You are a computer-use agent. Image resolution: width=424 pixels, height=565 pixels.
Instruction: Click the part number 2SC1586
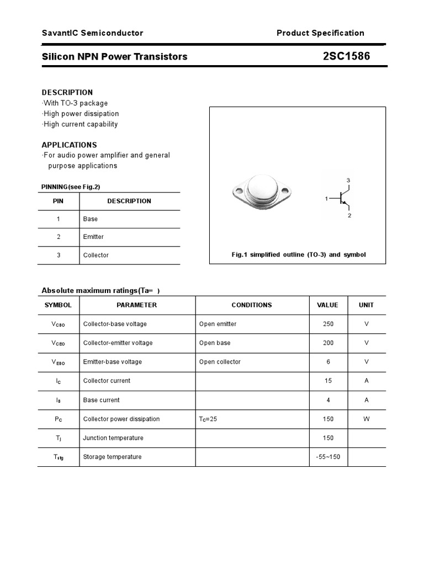coord(347,56)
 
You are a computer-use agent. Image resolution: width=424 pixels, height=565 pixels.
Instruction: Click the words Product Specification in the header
coord(320,33)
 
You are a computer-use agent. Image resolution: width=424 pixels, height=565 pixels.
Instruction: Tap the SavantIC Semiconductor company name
coord(92,33)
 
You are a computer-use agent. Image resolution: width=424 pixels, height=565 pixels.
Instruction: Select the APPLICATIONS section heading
coord(70,145)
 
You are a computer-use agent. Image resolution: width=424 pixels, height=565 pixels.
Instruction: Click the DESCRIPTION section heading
coord(67,92)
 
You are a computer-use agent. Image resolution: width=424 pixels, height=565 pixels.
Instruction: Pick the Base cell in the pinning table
coord(91,219)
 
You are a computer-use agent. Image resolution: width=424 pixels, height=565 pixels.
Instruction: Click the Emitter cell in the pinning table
coord(93,237)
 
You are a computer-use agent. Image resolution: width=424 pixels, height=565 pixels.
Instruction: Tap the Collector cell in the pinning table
coord(96,255)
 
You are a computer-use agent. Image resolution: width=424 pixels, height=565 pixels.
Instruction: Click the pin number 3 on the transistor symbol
coord(348,180)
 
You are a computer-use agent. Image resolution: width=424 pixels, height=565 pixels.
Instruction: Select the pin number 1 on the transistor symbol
coord(327,198)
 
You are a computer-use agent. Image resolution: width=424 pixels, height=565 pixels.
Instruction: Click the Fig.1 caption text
coord(298,255)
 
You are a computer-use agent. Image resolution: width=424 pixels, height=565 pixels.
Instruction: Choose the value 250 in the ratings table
coord(328,324)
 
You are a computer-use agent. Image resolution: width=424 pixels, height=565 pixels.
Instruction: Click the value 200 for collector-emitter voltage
coord(328,343)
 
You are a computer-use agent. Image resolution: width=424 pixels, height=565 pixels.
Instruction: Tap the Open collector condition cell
coord(220,362)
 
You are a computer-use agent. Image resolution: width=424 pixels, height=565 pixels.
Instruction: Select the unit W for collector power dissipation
coord(367,419)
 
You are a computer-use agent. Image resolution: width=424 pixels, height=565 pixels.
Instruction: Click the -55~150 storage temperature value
coord(328,457)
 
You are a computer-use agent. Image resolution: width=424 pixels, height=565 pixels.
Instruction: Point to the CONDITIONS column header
coord(252,305)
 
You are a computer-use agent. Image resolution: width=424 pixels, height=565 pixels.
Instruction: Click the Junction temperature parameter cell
coord(113,438)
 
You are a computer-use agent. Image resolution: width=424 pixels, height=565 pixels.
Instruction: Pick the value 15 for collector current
coord(328,381)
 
